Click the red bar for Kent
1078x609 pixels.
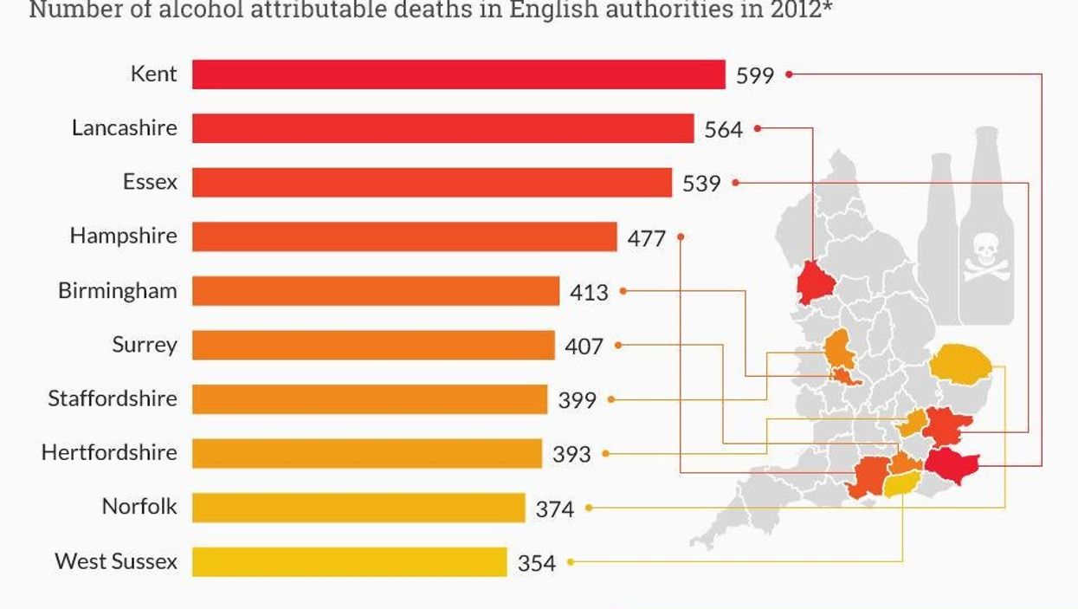(458, 75)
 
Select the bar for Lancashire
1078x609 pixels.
(442, 128)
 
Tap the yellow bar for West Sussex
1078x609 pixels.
(349, 561)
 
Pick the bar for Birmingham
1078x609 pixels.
(375, 291)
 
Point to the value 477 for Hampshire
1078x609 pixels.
(646, 237)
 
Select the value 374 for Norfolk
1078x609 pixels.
(554, 509)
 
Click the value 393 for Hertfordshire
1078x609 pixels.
(571, 454)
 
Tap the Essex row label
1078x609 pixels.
(149, 182)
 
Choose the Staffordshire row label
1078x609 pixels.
(112, 398)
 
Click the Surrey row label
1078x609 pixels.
(144, 345)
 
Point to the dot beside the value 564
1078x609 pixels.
(757, 128)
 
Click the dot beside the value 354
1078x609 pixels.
(570, 561)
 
